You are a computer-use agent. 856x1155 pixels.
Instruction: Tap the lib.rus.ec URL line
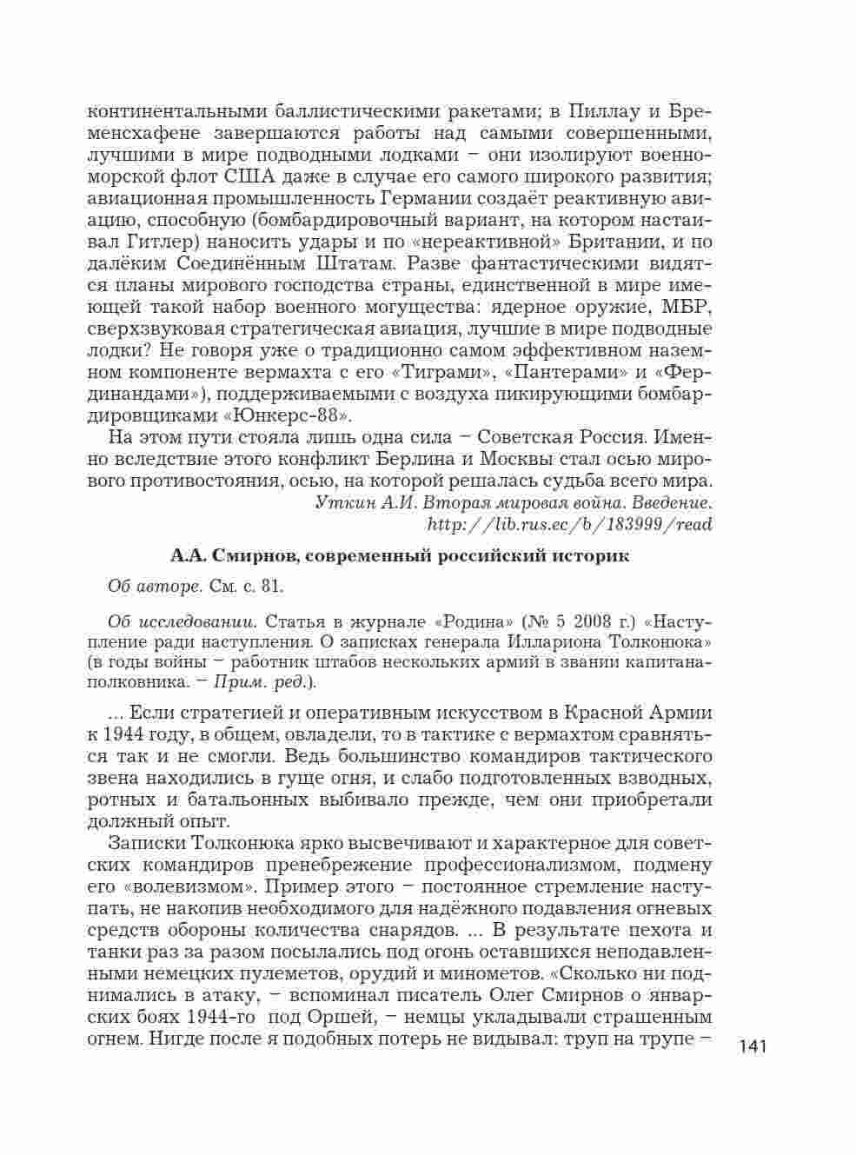pos(570,523)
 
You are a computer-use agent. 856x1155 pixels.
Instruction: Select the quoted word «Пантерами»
pos(575,372)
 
